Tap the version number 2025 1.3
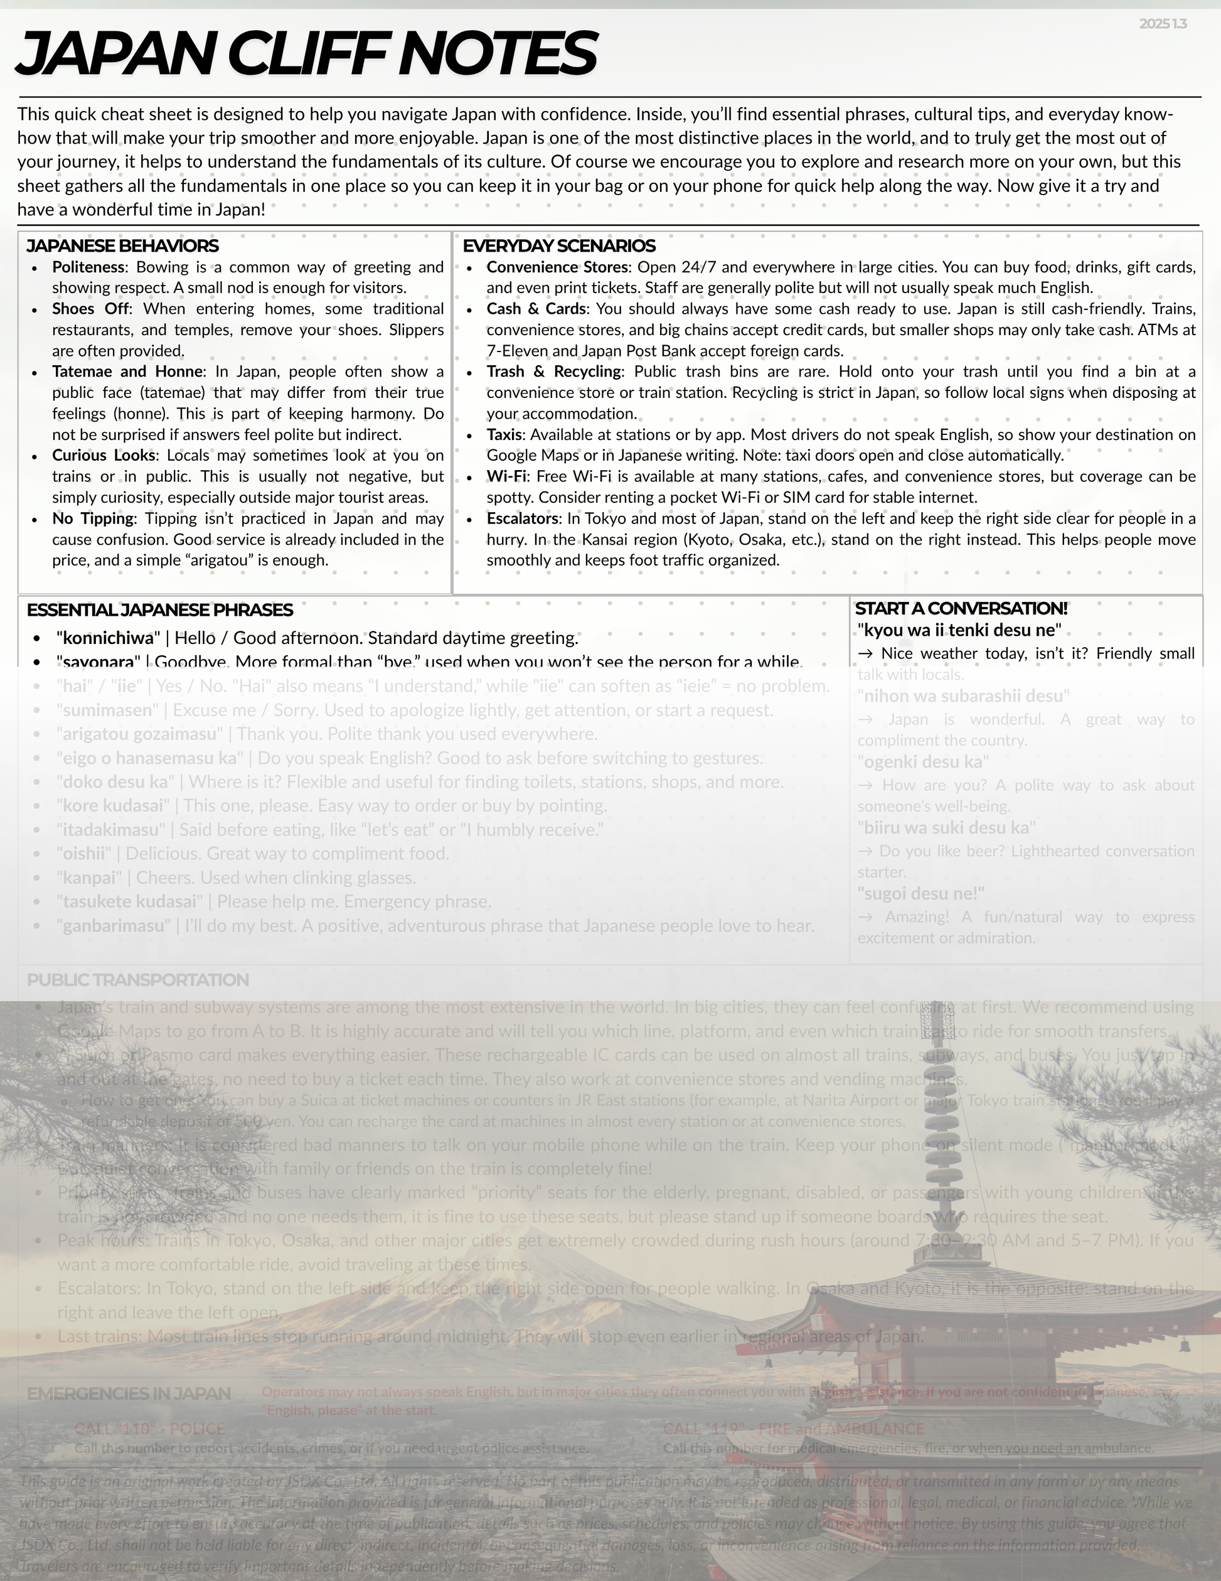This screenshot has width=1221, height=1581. click(1163, 24)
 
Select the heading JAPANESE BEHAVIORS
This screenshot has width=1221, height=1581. click(122, 246)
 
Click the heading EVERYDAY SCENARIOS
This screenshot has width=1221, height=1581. click(559, 246)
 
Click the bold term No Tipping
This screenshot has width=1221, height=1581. click(93, 519)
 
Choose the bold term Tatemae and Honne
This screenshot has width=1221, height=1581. click(127, 372)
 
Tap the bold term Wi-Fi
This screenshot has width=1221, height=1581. click(506, 477)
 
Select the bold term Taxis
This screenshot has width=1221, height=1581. click(504, 435)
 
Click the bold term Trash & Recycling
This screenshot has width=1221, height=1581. click(553, 372)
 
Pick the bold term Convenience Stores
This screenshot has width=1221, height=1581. click(558, 268)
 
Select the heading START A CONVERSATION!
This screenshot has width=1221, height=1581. click(961, 609)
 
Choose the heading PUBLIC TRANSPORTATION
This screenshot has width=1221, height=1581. click(137, 980)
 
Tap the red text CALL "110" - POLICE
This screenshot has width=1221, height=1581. click(149, 1429)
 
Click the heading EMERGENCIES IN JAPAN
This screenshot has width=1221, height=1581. click(129, 1393)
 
